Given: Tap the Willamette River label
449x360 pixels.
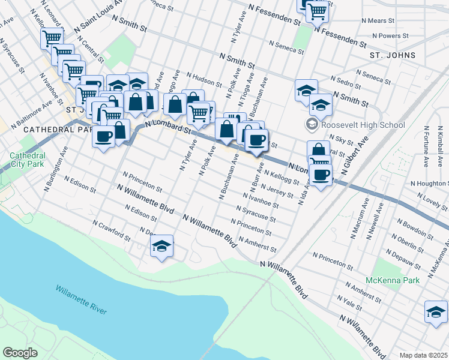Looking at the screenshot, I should pos(81,299).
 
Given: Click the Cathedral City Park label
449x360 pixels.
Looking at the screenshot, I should pos(27,159).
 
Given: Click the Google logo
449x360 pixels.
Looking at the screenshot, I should pos(20,353).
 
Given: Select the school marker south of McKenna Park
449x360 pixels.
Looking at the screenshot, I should pos(436,311).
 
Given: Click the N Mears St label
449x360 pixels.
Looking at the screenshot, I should pos(378,20).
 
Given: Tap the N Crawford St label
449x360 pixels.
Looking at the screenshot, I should pos(112,231).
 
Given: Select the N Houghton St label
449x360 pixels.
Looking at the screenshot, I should pos(430,184).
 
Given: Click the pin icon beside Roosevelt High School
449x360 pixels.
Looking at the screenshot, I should pos(312,125).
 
